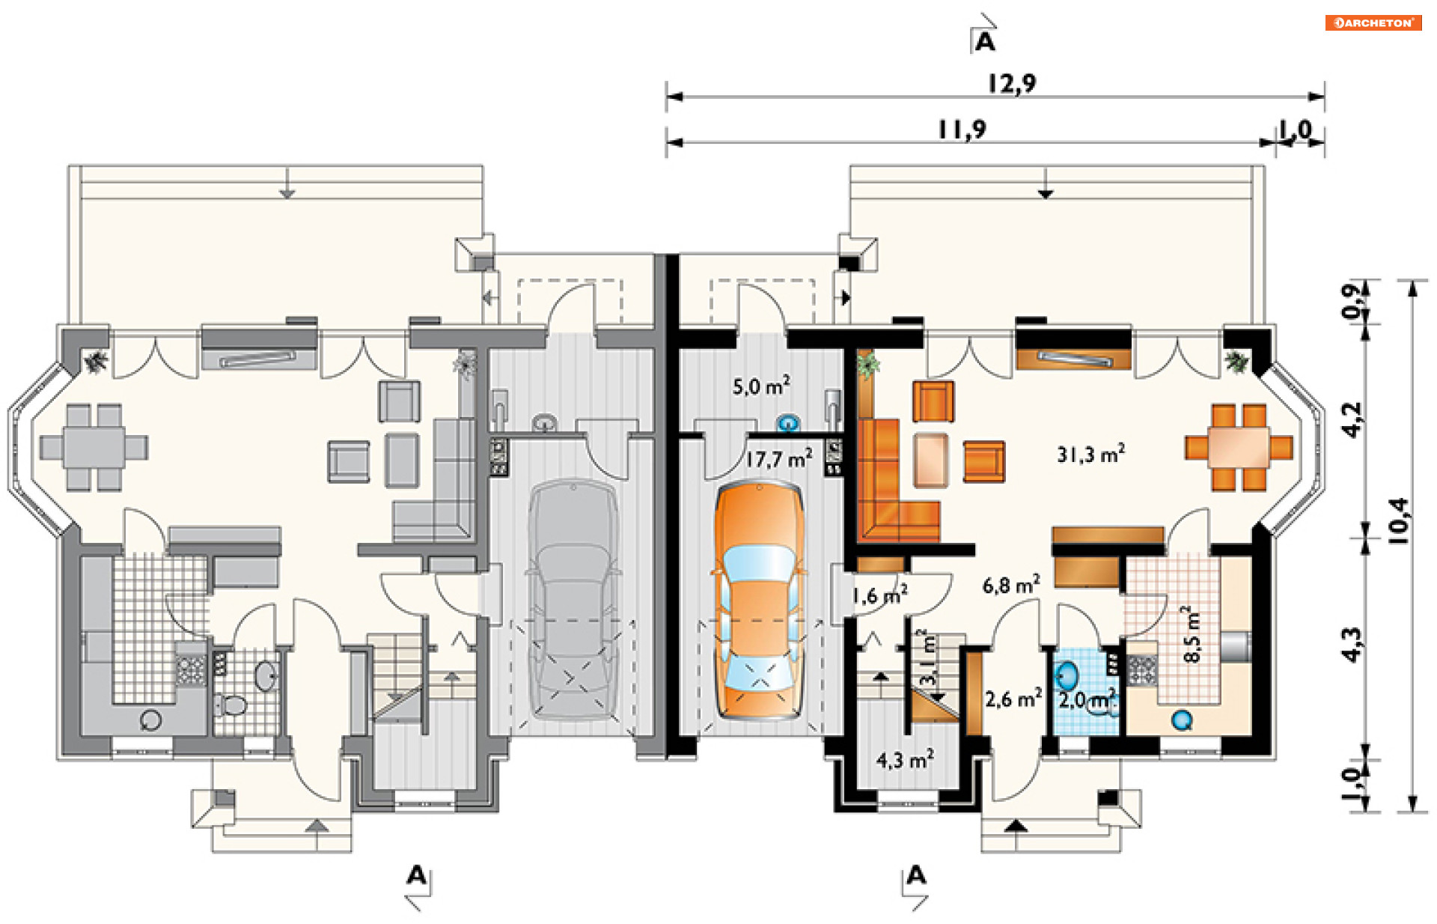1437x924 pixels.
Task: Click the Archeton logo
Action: click(1373, 22)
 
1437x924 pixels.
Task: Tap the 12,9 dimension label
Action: click(1012, 82)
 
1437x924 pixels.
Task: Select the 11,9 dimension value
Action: click(962, 130)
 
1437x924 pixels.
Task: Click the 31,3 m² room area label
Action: click(1090, 454)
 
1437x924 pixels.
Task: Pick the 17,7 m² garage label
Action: click(778, 459)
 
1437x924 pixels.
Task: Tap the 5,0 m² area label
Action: click(761, 386)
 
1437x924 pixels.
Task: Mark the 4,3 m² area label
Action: click(905, 759)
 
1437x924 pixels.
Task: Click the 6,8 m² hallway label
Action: click(1010, 584)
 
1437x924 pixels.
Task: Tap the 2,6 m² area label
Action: click(1013, 699)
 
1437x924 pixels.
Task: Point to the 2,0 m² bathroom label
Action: click(1087, 699)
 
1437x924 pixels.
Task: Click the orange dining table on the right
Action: click(1238, 448)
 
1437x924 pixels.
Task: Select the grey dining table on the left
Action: click(94, 448)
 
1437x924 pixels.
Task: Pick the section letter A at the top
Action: click(986, 42)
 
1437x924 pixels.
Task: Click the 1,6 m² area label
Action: click(880, 596)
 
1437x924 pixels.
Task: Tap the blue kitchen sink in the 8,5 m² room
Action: click(1182, 720)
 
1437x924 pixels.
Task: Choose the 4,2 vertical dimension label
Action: click(1352, 420)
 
